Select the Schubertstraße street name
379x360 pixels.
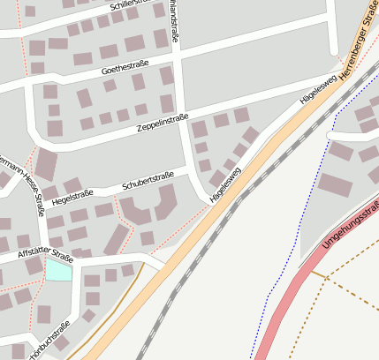click(x=148, y=181)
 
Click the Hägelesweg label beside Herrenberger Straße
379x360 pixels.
click(x=318, y=91)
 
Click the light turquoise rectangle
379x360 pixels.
click(x=58, y=269)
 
